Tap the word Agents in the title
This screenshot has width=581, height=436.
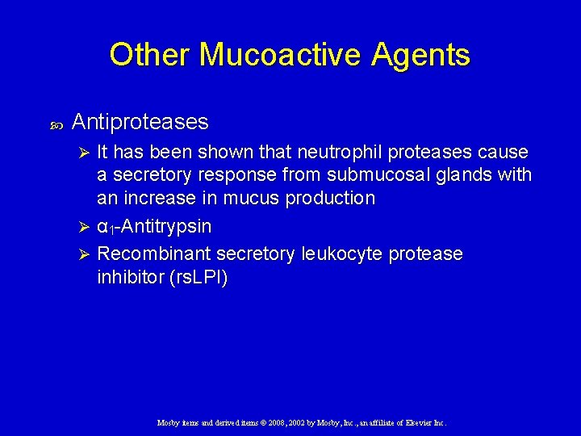click(x=420, y=55)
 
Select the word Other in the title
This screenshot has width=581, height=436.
click(x=150, y=55)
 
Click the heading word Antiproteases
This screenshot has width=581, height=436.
click(x=140, y=122)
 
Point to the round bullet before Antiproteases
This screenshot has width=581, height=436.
click(x=56, y=124)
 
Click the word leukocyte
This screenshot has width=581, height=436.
click(x=342, y=254)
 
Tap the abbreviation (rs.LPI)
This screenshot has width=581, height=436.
click(x=195, y=278)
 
